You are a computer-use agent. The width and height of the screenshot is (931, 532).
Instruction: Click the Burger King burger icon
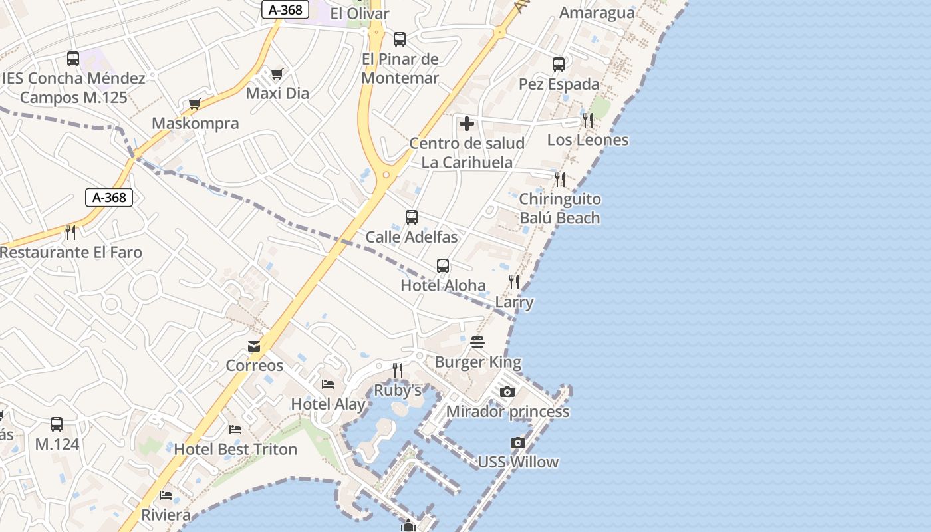[477, 342]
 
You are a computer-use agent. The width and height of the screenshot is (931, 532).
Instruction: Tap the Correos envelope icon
[254, 346]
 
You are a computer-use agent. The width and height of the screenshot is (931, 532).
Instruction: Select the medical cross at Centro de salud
[467, 123]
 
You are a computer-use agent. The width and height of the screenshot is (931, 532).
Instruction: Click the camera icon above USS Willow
[518, 442]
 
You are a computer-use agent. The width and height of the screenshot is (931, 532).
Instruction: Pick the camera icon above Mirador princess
[507, 392]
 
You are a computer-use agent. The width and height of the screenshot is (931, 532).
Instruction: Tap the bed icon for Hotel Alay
[328, 384]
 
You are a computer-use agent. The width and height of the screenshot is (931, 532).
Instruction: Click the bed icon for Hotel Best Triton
[235, 429]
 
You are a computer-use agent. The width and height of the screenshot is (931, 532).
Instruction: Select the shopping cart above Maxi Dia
[277, 74]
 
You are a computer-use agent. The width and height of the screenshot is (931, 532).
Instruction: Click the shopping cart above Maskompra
[195, 104]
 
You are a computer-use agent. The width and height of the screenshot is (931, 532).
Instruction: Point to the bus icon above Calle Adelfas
[412, 217]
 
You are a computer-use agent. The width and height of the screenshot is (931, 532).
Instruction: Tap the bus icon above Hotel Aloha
[443, 266]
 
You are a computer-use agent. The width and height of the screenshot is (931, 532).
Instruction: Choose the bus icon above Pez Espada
[559, 65]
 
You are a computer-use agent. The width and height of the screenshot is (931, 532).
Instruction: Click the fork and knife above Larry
[514, 282]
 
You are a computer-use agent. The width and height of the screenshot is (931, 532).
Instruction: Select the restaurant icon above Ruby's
[398, 370]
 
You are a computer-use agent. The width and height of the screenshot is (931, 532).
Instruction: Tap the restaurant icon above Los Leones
[588, 120]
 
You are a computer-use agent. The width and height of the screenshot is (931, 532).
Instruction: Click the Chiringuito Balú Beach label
[560, 208]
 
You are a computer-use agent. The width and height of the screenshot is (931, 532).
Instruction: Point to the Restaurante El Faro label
[70, 253]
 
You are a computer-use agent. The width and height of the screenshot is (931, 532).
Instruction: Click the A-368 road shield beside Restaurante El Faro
[110, 197]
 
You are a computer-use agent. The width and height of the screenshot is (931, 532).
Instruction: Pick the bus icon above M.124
[57, 424]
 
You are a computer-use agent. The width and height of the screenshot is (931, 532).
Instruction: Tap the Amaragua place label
[597, 13]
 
